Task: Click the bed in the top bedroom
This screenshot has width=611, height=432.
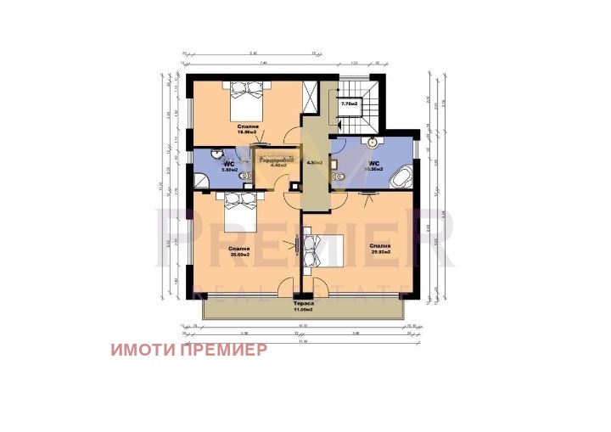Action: tap(245, 99)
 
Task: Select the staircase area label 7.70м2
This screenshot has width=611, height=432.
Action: tap(349, 104)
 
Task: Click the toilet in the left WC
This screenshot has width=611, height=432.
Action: tap(244, 177)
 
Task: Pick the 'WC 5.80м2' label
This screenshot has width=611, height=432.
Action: tap(228, 166)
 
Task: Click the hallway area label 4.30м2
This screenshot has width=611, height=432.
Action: tap(315, 162)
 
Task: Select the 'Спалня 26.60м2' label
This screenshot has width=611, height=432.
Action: tap(239, 252)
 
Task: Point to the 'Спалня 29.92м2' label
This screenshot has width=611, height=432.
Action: tap(379, 250)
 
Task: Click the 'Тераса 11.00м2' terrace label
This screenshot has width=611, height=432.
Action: tap(303, 306)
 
